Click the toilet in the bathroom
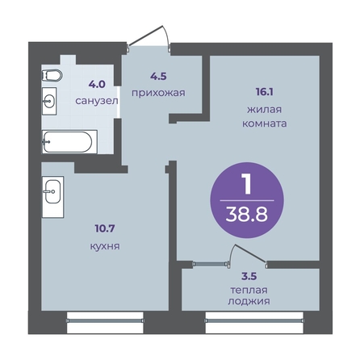coord(52,75)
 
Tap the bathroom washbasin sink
coord(49,101)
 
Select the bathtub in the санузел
coord(69,142)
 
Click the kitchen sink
coord(52,191)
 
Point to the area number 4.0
coord(97,85)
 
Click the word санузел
coord(97,101)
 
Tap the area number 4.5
coord(158,77)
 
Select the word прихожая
coord(158,93)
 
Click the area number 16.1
coord(265,92)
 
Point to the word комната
coord(265,123)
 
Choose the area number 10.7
coord(105,229)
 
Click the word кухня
coord(105,246)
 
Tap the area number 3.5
coord(249,277)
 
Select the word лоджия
coord(249,301)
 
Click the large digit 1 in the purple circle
coord(247,184)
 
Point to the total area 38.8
coord(247,215)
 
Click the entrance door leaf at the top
coord(145,36)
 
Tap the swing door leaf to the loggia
coord(250,253)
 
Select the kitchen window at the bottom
coord(105,320)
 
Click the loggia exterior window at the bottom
coord(254,320)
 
